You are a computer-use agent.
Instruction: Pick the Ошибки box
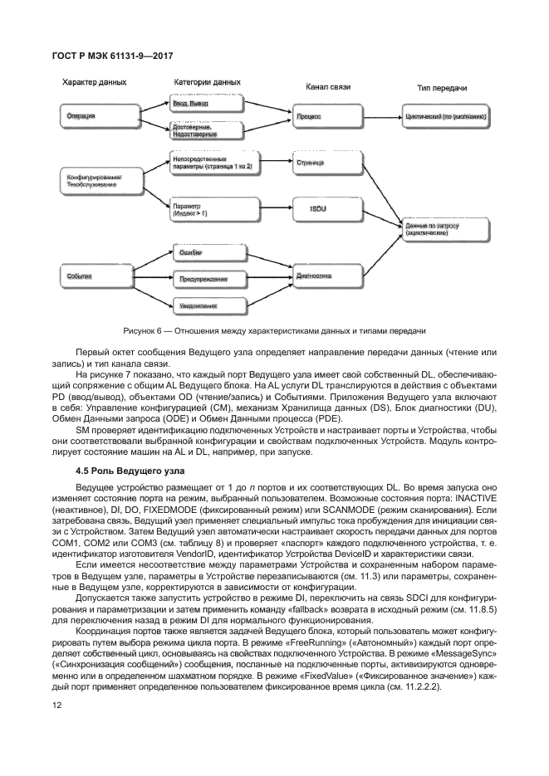tap(203, 251)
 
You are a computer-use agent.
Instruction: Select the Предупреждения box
tap(203, 279)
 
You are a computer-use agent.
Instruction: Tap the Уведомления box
tap(203, 306)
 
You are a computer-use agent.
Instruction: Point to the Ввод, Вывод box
tap(203, 105)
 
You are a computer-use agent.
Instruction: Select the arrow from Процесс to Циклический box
tap(376, 117)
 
